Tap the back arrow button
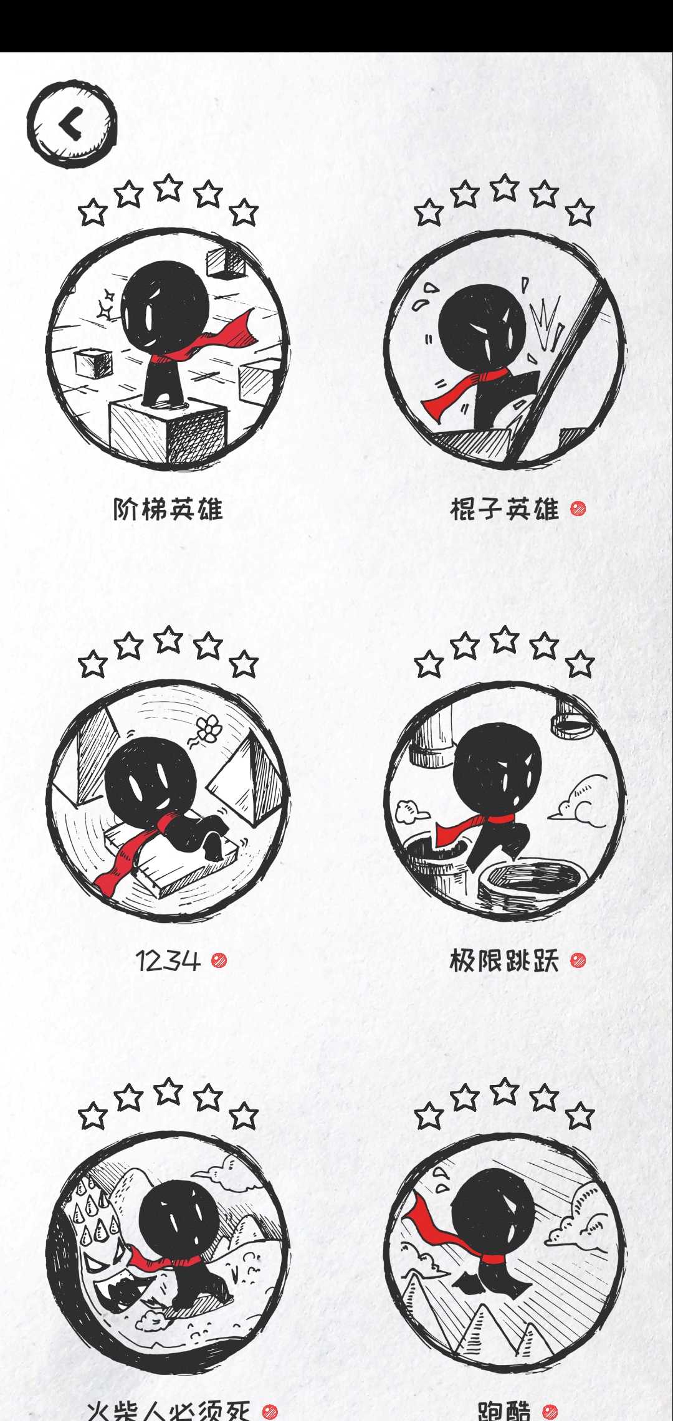tap(72, 123)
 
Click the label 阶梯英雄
tap(168, 509)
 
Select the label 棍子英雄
tap(504, 509)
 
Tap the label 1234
tap(168, 960)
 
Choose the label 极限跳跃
tap(504, 960)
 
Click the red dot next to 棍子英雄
tap(578, 509)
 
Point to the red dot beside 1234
tap(219, 960)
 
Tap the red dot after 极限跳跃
tap(578, 960)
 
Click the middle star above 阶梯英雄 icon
tap(168, 188)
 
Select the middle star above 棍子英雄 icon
tap(505, 188)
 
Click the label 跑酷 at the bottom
tap(504, 1410)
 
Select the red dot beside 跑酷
tap(550, 1411)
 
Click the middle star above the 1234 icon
tap(168, 639)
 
